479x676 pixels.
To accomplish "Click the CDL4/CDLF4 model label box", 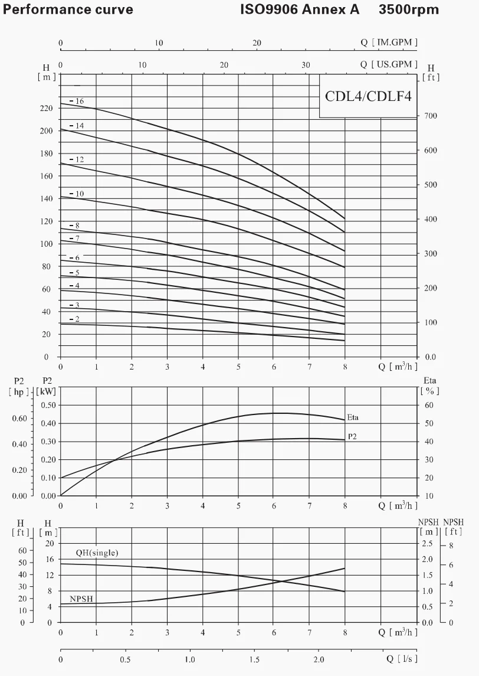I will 368,96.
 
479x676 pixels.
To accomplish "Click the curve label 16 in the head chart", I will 80,102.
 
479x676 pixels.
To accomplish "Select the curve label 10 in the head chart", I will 80,194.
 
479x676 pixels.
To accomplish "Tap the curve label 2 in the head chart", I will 77,319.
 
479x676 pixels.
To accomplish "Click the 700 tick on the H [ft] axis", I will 432,116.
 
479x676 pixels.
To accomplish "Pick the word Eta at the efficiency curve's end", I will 353,417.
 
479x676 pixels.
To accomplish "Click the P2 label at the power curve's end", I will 353,436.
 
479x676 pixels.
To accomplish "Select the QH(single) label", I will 97,553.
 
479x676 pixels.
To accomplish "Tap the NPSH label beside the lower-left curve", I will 81,599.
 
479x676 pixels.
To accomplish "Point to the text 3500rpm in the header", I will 409,9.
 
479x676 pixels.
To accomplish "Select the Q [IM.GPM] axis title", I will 389,43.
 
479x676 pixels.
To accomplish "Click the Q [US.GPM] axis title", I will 389,64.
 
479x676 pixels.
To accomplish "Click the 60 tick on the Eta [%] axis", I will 429,405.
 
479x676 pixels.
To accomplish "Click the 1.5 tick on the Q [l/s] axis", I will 254,659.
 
